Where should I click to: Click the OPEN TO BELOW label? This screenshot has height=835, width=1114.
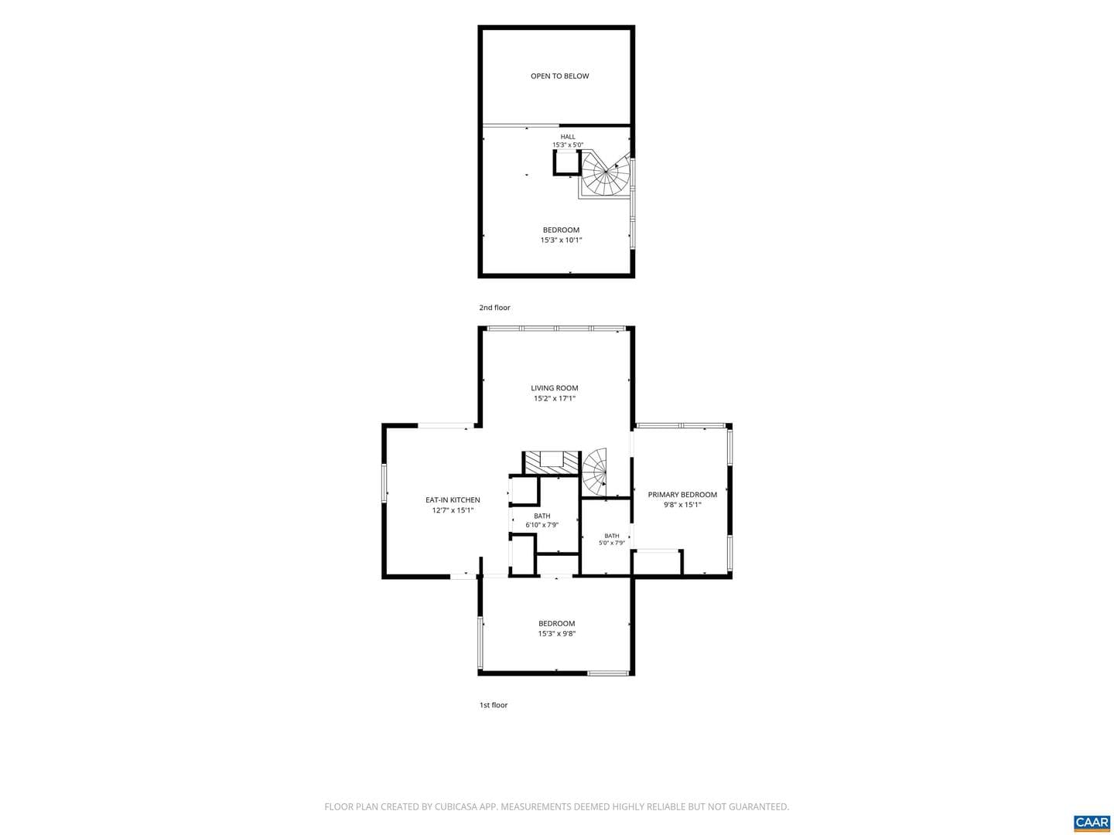tap(560, 76)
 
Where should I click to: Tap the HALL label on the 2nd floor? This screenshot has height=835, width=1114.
tap(568, 137)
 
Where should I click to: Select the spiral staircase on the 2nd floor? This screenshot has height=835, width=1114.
tap(606, 173)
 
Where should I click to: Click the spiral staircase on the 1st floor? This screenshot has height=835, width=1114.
tap(595, 472)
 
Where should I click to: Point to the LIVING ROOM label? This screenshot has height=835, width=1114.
tap(554, 388)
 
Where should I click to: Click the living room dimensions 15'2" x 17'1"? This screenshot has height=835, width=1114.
tap(554, 398)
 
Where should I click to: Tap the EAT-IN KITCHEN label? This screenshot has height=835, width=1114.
tap(453, 500)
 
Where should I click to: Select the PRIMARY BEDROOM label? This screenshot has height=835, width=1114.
tap(682, 494)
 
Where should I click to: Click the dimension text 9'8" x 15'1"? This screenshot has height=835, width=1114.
tap(682, 505)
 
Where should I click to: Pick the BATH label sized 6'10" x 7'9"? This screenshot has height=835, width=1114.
tap(542, 516)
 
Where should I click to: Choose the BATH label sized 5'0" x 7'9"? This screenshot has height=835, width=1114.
tap(612, 536)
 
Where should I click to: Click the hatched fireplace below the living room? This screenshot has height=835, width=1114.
tap(551, 463)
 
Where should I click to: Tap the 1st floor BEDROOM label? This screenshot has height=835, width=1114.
tap(557, 624)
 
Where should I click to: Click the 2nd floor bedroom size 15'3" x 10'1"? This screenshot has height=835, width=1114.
tap(561, 240)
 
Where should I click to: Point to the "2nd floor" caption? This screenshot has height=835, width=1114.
tap(494, 308)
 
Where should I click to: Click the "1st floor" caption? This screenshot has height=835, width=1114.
tap(494, 705)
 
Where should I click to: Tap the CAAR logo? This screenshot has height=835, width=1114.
tap(1092, 822)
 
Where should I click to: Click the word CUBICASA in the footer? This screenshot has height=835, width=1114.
tap(456, 806)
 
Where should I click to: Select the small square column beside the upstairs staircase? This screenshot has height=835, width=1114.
tap(566, 162)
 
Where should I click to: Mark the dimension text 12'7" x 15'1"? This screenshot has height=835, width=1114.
tap(453, 510)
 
